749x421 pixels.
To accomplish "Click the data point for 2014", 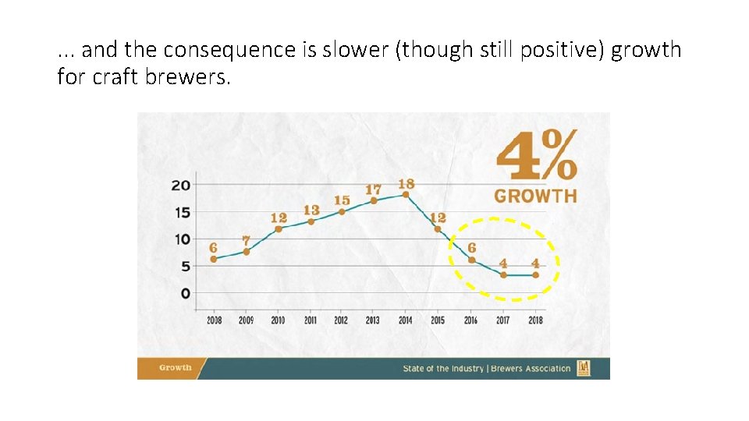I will coord(406,195).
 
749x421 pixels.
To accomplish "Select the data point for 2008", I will coord(214,259).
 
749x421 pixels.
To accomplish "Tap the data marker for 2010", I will coord(278,228).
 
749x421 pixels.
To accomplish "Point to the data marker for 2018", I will coord(535,274).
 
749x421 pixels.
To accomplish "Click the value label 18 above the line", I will coord(406,183).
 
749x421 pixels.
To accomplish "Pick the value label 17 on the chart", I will coord(373,189).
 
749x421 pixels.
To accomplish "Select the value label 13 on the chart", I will coord(311,210).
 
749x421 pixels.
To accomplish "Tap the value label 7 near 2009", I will coord(246,241).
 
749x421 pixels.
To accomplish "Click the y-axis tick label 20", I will coord(181,186).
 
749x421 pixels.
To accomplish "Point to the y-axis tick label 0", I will coord(185,293).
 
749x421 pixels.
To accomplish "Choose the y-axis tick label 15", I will coord(181,213).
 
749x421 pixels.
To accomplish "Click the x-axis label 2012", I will coord(341,320).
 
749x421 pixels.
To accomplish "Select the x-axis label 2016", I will coord(470,320).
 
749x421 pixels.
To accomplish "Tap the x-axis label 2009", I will coord(246,320).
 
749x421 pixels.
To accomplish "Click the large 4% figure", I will coord(537,155).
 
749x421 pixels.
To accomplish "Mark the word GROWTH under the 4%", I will coord(535,196).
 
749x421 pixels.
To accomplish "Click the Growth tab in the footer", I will coord(175,368).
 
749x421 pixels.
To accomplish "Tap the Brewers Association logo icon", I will coord(584,368).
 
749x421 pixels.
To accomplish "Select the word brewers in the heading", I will coord(191,77).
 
